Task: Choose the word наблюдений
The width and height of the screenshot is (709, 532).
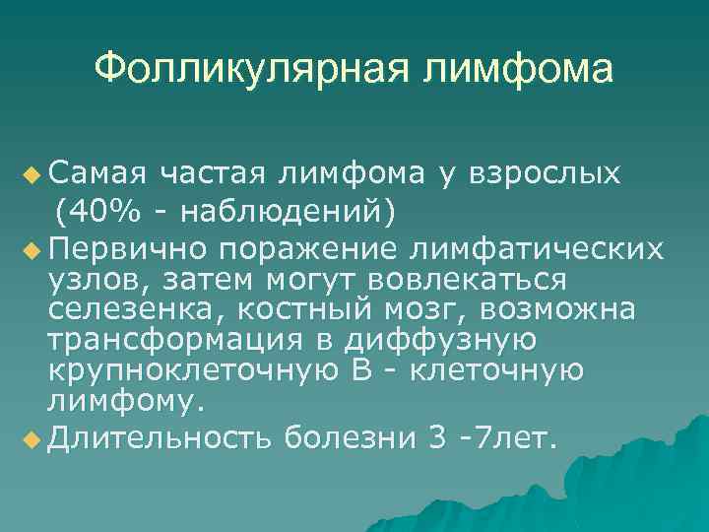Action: pos(270,210)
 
